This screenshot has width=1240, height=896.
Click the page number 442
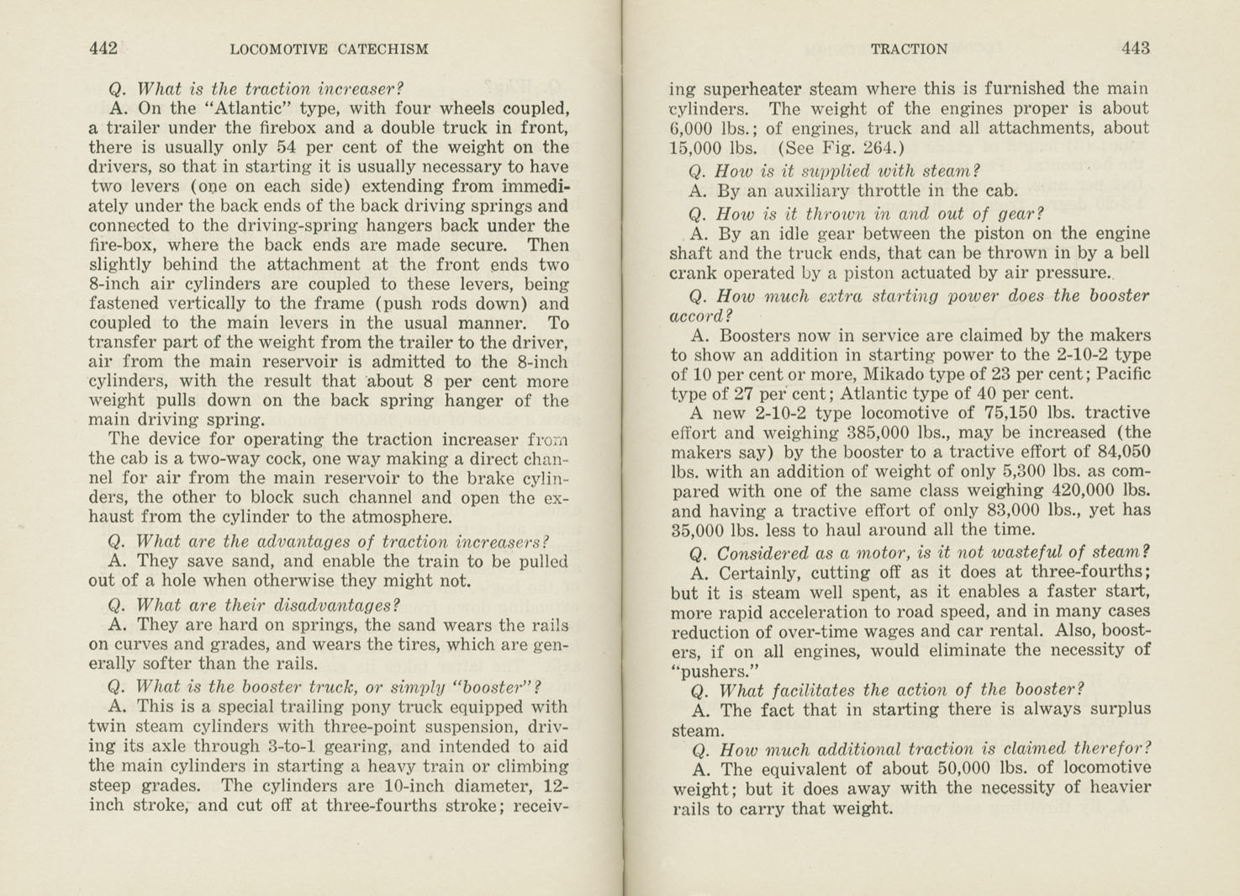(103, 49)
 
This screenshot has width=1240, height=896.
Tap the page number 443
(1135, 49)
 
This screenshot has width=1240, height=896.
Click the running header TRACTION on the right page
(909, 50)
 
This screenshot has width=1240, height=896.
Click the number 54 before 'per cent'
(288, 147)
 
